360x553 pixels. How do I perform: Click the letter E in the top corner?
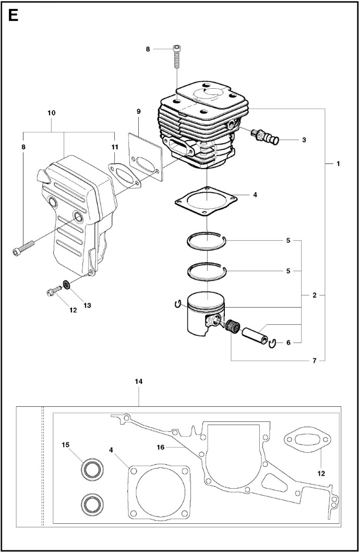(x=13, y=16)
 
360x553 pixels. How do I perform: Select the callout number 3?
(x=304, y=139)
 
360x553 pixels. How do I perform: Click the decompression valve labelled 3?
(x=265, y=136)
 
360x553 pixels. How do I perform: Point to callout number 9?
(x=138, y=111)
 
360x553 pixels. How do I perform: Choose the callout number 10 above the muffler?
(x=52, y=113)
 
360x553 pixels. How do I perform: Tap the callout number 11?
(x=114, y=146)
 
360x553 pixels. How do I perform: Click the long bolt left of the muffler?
(x=23, y=248)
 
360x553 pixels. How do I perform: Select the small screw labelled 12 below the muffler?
(x=54, y=291)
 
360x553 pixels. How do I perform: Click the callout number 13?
(x=87, y=305)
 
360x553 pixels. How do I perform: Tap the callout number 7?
(x=315, y=360)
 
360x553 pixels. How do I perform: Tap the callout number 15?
(x=66, y=445)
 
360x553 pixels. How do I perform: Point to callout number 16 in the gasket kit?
(x=161, y=447)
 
